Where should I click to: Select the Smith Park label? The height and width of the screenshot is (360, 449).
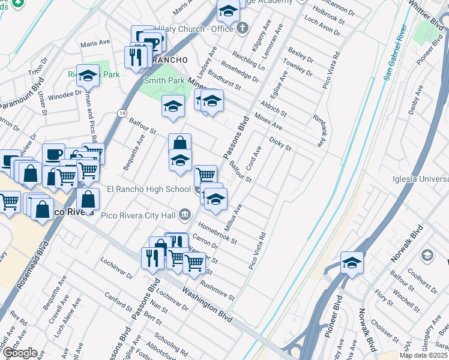point(164,80)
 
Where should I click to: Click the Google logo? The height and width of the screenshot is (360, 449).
point(20,353)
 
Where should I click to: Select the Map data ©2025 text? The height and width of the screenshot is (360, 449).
point(423,355)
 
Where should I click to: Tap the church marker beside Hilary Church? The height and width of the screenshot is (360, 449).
point(243,28)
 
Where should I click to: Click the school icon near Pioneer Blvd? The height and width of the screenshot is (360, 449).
point(352,262)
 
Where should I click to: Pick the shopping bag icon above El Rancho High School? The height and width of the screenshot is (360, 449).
point(179,143)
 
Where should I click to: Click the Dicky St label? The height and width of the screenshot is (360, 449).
point(280,144)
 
